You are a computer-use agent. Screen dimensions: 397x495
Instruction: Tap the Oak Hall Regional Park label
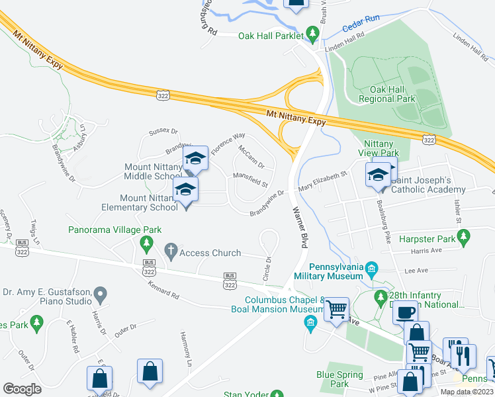[x=387, y=94]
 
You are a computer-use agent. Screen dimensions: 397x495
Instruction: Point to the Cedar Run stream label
[x=361, y=24]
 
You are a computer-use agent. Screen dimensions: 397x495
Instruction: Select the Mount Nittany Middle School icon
[x=195, y=159]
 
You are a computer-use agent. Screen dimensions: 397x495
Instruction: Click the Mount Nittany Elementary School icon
[x=186, y=191]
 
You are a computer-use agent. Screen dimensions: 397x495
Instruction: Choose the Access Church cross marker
[x=170, y=252]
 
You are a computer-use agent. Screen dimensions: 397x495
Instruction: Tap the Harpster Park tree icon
[x=465, y=236]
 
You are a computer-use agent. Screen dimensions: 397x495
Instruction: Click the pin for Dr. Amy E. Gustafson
[x=101, y=293]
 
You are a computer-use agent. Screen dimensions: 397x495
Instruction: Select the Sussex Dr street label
[x=164, y=132]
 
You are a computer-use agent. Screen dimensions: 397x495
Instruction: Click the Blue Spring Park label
[x=339, y=378]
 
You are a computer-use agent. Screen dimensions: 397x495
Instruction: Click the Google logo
[x=22, y=388]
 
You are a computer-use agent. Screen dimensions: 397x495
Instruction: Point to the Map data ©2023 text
[x=466, y=392]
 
